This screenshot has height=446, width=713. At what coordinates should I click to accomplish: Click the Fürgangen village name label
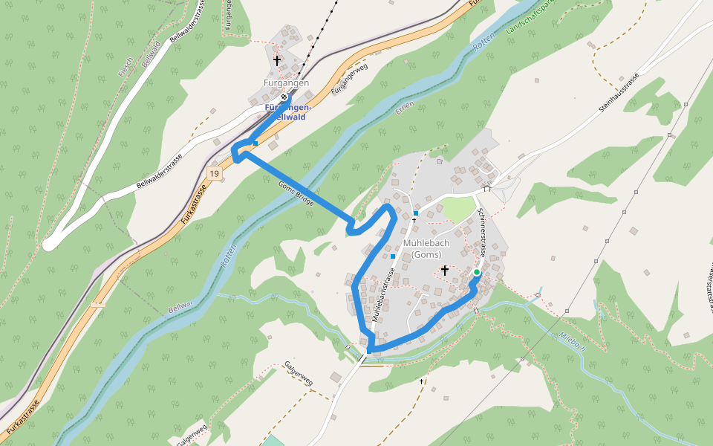286,83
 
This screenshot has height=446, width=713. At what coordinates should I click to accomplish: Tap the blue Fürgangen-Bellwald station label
288,112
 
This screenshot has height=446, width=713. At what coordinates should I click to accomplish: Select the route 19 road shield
214,173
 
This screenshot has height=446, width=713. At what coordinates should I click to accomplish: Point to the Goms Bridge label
296,194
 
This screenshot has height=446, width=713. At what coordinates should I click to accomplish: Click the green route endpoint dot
476,272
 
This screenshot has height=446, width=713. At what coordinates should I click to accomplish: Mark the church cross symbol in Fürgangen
277,60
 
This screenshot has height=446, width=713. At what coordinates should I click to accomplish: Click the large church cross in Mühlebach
444,270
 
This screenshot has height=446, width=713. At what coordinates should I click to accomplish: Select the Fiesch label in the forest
126,66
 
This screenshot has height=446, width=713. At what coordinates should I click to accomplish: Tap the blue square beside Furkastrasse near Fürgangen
255,143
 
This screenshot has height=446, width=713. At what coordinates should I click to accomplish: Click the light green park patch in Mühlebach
457,209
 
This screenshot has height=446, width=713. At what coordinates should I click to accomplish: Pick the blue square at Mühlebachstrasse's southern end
369,352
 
